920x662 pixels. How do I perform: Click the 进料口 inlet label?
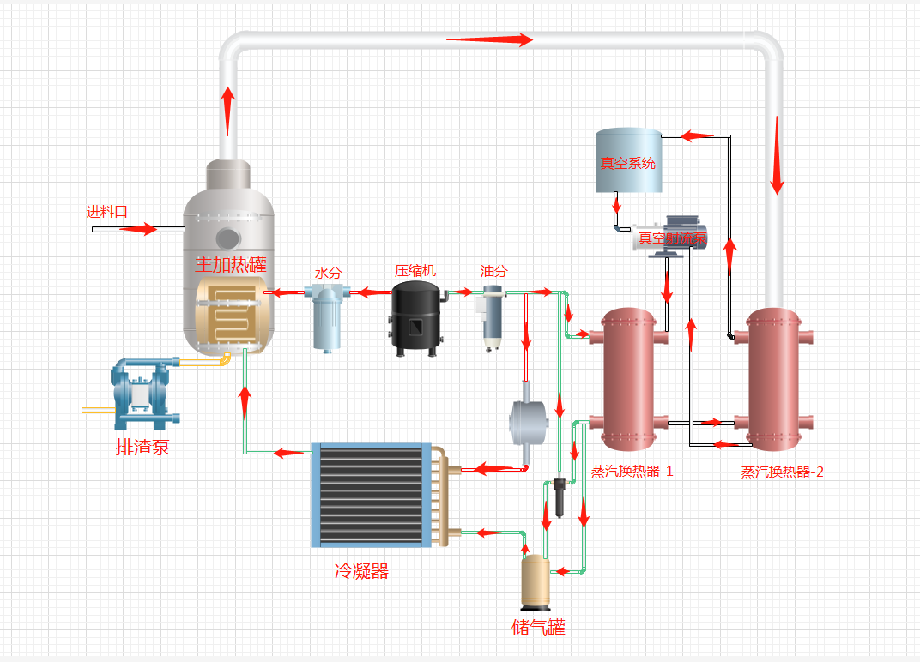point(107,212)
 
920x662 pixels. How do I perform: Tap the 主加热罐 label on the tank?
point(231,264)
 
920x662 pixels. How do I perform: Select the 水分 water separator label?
point(329,273)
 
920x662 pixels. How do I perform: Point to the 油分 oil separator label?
point(493,272)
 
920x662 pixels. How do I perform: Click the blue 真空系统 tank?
point(628,160)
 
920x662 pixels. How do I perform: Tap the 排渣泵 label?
point(143,447)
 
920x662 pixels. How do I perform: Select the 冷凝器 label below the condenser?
point(361,571)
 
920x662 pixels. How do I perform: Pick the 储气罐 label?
point(538,627)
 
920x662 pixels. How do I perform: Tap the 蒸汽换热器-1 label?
point(632,471)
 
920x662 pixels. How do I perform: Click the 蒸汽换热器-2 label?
point(782,472)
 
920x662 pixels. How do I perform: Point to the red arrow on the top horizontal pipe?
point(489,39)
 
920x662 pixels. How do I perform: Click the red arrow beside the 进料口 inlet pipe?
point(137,229)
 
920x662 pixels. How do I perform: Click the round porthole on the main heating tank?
point(227,238)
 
